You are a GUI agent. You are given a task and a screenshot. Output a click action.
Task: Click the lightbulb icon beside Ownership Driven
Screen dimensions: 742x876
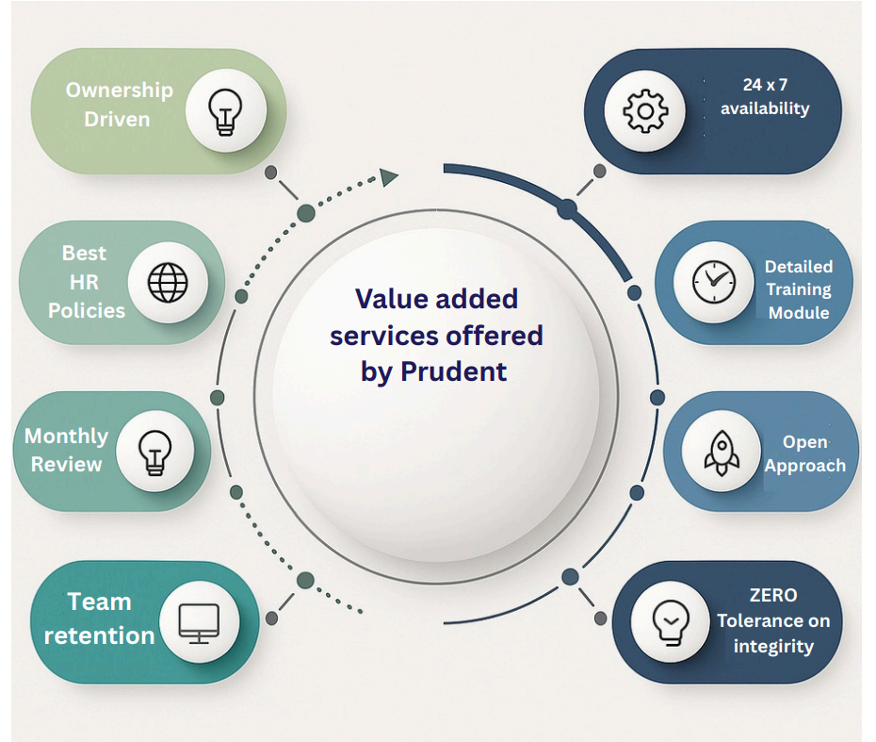(225, 110)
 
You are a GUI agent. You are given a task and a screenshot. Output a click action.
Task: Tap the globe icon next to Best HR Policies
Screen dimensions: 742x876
(169, 281)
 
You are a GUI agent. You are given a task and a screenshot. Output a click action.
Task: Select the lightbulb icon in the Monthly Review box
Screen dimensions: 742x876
(154, 451)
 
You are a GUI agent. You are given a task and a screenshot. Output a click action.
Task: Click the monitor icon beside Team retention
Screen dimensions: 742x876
(198, 622)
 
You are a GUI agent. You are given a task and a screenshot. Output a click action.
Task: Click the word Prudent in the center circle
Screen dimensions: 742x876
(454, 371)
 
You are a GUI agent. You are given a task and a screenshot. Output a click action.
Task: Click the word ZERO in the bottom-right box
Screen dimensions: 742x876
(773, 596)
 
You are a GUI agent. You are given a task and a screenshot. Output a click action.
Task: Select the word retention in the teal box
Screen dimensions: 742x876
(99, 635)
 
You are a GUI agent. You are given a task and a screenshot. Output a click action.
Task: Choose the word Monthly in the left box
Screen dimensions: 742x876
(66, 437)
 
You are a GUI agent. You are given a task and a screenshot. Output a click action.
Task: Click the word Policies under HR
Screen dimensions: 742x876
(87, 310)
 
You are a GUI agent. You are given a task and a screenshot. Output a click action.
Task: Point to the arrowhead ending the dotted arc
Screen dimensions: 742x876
(389, 177)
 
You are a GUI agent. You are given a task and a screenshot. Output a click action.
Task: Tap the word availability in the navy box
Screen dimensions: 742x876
(765, 108)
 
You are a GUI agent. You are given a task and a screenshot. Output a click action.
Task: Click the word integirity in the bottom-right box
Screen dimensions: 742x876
(773, 647)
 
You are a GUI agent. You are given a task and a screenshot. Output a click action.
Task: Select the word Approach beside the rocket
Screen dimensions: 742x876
(804, 466)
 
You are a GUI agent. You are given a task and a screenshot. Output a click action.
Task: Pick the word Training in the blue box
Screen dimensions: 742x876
(798, 289)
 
